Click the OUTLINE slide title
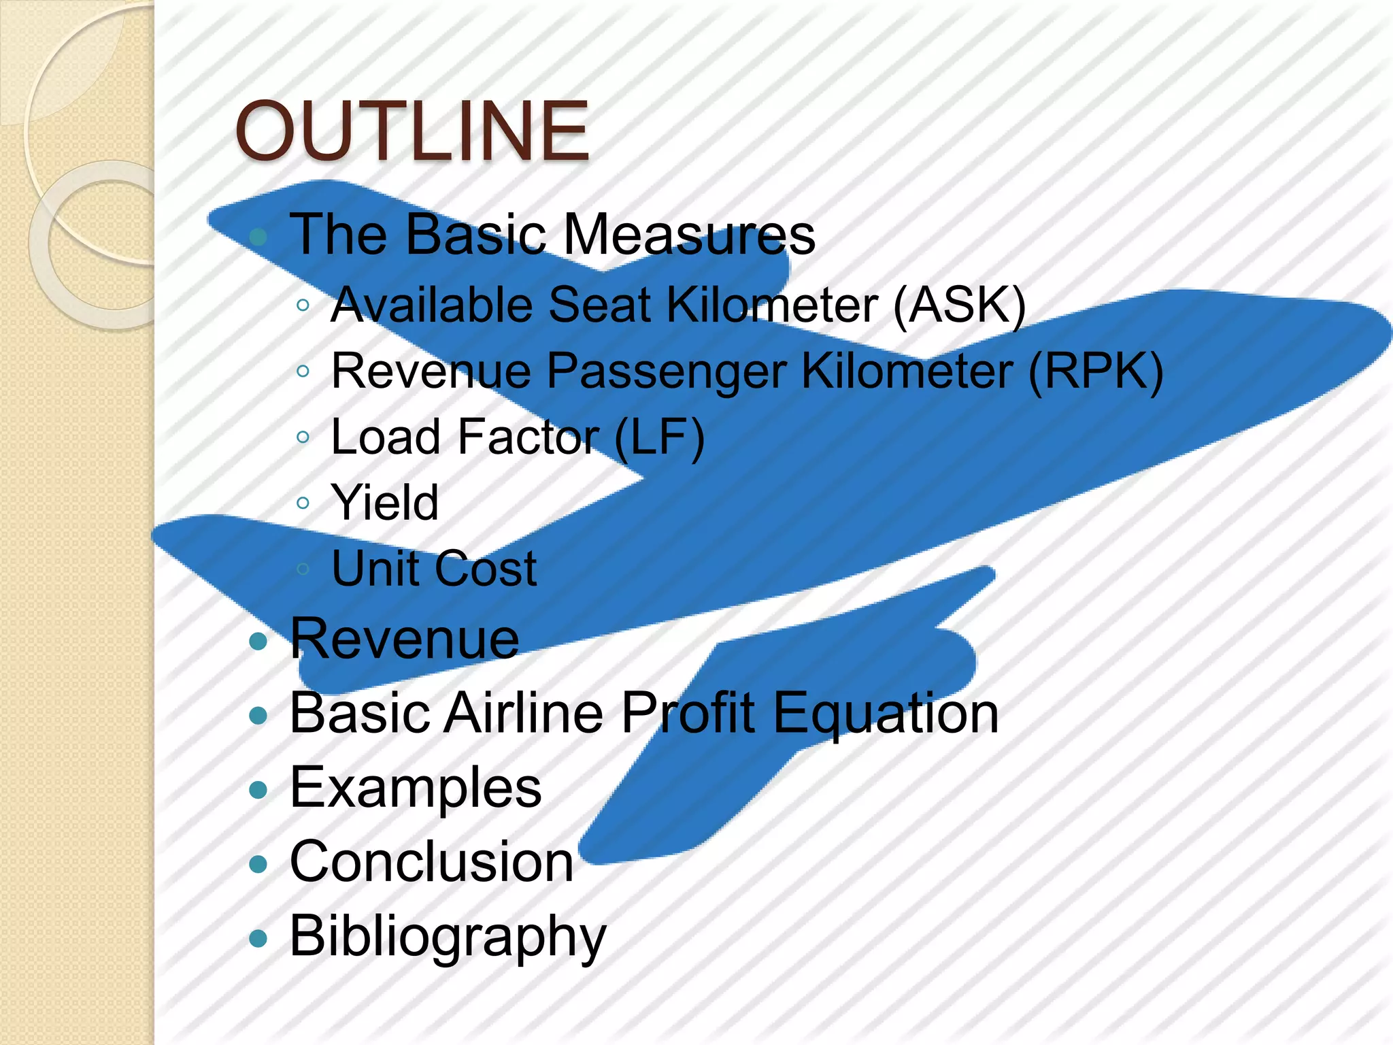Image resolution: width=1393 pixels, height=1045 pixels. (412, 131)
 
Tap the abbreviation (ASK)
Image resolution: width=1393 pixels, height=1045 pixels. (959, 305)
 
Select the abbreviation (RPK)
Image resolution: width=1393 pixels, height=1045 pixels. (1095, 371)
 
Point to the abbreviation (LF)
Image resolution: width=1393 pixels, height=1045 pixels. (659, 437)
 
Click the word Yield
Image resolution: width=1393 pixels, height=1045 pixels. (385, 503)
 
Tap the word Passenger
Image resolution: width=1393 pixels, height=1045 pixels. (667, 371)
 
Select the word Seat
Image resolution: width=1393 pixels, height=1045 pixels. (599, 305)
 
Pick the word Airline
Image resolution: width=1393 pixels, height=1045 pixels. (524, 714)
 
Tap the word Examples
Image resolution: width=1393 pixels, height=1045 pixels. (416, 788)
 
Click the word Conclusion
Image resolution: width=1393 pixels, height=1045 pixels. (432, 862)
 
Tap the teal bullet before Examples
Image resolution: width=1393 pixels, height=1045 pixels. (258, 790)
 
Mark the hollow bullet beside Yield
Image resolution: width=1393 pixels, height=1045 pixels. (303, 503)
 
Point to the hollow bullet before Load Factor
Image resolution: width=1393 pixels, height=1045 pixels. (303, 437)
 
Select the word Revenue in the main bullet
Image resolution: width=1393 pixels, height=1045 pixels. (405, 640)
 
